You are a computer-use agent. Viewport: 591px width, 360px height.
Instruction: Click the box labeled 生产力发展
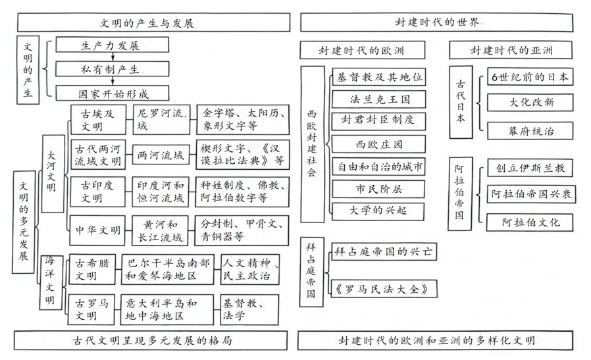tap(110, 45)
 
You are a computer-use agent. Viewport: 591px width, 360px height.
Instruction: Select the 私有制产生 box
tap(110, 68)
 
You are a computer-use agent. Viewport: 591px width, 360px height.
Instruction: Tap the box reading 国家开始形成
tap(110, 92)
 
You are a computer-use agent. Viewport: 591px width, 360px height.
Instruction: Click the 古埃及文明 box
tap(97, 119)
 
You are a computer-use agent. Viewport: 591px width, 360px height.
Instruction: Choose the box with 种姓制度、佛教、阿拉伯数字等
tap(243, 191)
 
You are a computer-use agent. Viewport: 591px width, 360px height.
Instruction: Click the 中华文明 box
tap(97, 230)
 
